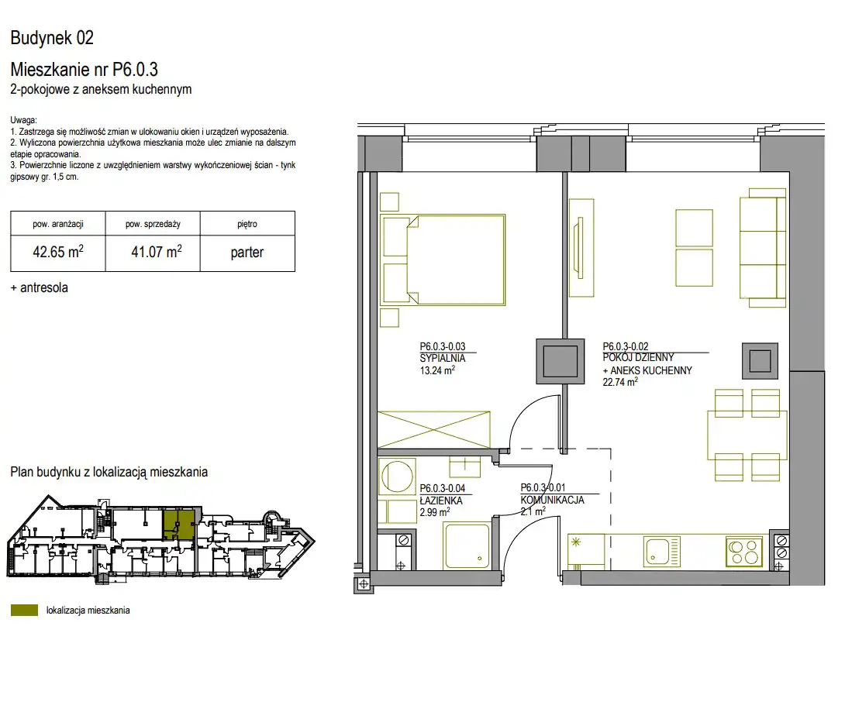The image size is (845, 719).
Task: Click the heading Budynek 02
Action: pyautogui.click(x=52, y=38)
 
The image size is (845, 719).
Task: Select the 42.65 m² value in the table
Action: pyautogui.click(x=58, y=252)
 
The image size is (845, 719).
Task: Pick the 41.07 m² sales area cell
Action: pyautogui.click(x=157, y=252)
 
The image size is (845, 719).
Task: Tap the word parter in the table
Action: pyautogui.click(x=247, y=253)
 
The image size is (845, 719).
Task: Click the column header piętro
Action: pyautogui.click(x=247, y=224)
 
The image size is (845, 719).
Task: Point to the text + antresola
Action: pyautogui.click(x=40, y=287)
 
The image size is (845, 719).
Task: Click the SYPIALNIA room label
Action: pyautogui.click(x=443, y=358)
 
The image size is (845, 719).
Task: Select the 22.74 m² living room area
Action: pyautogui.click(x=620, y=382)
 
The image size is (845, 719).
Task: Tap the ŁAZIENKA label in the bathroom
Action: pyautogui.click(x=441, y=501)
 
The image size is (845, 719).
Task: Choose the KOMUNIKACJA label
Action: pyautogui.click(x=553, y=500)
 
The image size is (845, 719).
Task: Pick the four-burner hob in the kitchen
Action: pyautogui.click(x=743, y=552)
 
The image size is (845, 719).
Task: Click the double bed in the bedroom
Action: pyautogui.click(x=443, y=260)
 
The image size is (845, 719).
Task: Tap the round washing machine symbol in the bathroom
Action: pyautogui.click(x=397, y=476)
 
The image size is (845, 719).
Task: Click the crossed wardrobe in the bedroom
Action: pyautogui.click(x=434, y=430)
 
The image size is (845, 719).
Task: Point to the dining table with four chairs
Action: pyautogui.click(x=747, y=435)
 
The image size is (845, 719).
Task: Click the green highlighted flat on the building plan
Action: pyautogui.click(x=179, y=525)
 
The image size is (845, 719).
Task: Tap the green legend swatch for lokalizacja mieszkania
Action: pyautogui.click(x=24, y=611)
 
